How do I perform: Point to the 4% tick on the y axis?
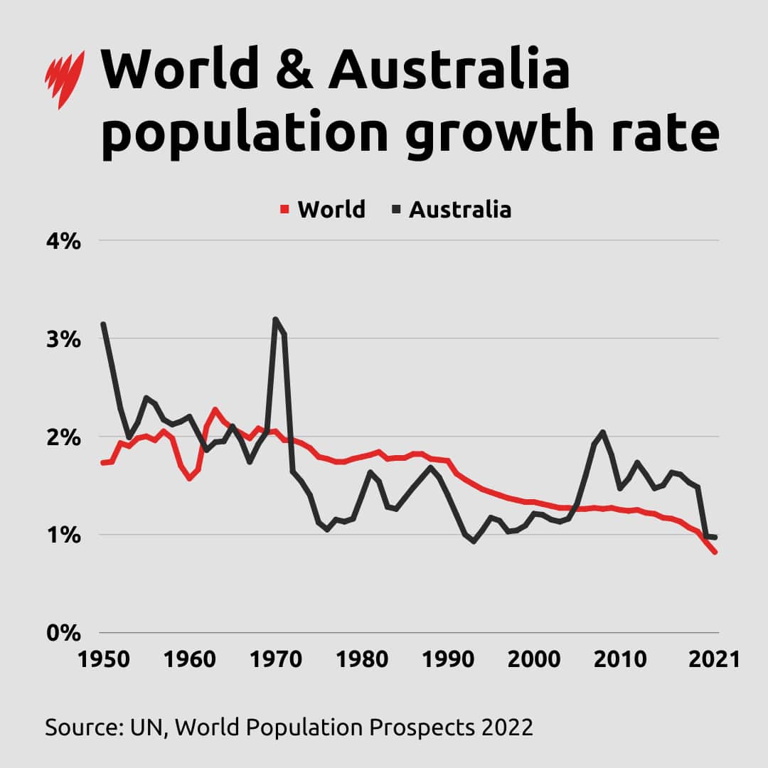pyautogui.click(x=63, y=241)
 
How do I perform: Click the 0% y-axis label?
pyautogui.click(x=63, y=632)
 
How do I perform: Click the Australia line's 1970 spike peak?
pyautogui.click(x=275, y=319)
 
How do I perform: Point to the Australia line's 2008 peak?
pyautogui.click(x=603, y=432)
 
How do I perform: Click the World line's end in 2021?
pyautogui.click(x=715, y=552)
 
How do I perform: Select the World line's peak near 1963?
pyautogui.click(x=215, y=410)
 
